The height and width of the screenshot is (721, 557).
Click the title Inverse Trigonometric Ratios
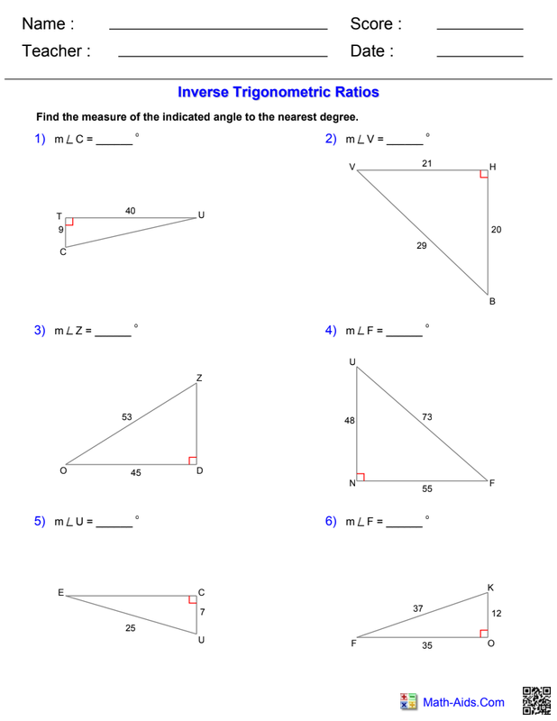pyautogui.click(x=278, y=93)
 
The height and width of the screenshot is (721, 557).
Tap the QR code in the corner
pyautogui.click(x=536, y=701)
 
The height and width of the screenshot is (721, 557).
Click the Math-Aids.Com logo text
pyautogui.click(x=463, y=702)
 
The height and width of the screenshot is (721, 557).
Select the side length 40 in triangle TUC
pyautogui.click(x=130, y=211)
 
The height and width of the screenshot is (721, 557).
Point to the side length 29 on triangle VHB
pyautogui.click(x=422, y=245)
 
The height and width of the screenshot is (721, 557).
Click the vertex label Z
pyautogui.click(x=199, y=378)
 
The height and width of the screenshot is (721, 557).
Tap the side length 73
pyautogui.click(x=427, y=416)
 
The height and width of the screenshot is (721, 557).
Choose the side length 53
pyautogui.click(x=127, y=416)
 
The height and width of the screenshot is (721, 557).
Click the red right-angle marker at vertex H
pyautogui.click(x=483, y=174)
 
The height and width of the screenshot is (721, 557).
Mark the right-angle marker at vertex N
pyautogui.click(x=361, y=477)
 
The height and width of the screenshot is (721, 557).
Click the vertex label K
pyautogui.click(x=490, y=588)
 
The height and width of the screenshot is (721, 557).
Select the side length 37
pyautogui.click(x=417, y=608)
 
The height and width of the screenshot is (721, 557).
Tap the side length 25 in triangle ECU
pyautogui.click(x=131, y=627)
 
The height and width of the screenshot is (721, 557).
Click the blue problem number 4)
pyautogui.click(x=331, y=330)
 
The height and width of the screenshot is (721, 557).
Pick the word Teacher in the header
pyautogui.click(x=52, y=50)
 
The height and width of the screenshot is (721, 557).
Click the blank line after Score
pyautogui.click(x=479, y=29)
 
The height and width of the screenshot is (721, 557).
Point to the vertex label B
pyautogui.click(x=492, y=302)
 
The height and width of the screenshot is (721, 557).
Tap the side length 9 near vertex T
pyautogui.click(x=60, y=230)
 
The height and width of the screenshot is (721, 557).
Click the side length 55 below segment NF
pyautogui.click(x=427, y=488)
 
